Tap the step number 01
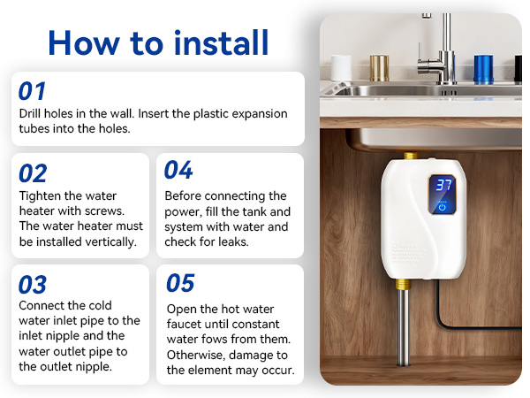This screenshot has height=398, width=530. click(33, 91)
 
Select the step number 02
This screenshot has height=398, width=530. click(34, 173)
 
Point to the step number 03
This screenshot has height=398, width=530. click(34, 284)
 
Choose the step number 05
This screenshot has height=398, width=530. click(180, 283)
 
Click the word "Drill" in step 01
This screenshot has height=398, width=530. click(32, 114)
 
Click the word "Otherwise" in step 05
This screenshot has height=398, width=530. click(196, 355)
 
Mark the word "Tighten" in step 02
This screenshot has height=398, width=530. click(42, 195)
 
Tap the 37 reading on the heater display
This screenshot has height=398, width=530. click(443, 185)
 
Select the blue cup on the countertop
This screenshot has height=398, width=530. click(483, 69)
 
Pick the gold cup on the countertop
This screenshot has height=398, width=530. click(379, 67)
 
